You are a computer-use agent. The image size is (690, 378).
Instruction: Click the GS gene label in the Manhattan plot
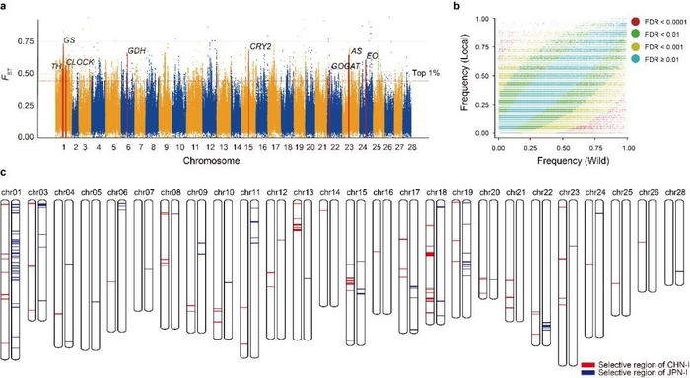tap(69, 40)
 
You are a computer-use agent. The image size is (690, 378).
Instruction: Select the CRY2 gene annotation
tap(260, 46)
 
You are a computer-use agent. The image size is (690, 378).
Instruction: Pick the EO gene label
tap(372, 56)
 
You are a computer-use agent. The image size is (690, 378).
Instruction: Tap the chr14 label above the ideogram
tap(330, 193)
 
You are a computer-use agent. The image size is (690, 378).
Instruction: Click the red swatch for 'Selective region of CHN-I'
tap(588, 364)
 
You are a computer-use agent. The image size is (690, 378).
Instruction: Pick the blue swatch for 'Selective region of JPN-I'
tap(588, 373)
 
